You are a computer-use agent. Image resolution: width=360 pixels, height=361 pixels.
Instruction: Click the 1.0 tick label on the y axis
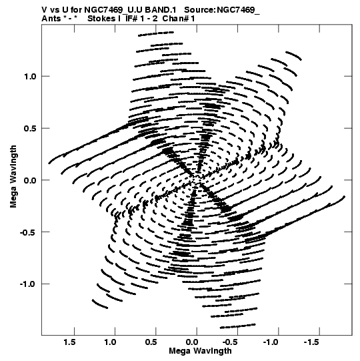tap(30, 77)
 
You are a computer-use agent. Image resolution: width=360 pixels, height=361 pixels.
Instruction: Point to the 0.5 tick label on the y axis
tap(30, 129)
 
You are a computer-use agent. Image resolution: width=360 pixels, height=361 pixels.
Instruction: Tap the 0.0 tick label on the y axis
tap(30, 180)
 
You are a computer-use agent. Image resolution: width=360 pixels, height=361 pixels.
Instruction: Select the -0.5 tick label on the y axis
tap(28, 232)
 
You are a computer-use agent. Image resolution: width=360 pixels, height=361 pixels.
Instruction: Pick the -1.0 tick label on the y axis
tap(28, 284)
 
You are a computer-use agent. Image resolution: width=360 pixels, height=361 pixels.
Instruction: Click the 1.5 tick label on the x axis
tap(70, 342)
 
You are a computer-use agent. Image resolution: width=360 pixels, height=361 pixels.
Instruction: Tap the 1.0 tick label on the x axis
tap(111, 342)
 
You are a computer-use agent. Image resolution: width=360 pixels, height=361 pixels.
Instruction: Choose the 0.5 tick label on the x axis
tap(151, 342)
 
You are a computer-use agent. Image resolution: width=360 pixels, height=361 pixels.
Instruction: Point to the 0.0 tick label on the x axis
tap(192, 342)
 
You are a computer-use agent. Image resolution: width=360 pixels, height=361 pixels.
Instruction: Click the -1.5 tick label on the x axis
tap(313, 342)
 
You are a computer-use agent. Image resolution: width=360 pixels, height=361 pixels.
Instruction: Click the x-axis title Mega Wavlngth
tap(200, 351)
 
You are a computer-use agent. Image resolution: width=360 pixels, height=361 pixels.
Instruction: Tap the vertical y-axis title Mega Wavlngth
tap(13, 177)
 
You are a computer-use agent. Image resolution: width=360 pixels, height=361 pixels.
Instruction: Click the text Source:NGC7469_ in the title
tap(222, 10)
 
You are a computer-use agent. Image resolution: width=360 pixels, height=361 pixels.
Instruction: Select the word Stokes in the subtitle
tap(101, 19)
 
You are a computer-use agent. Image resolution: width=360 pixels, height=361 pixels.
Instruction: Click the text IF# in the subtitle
tap(131, 19)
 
